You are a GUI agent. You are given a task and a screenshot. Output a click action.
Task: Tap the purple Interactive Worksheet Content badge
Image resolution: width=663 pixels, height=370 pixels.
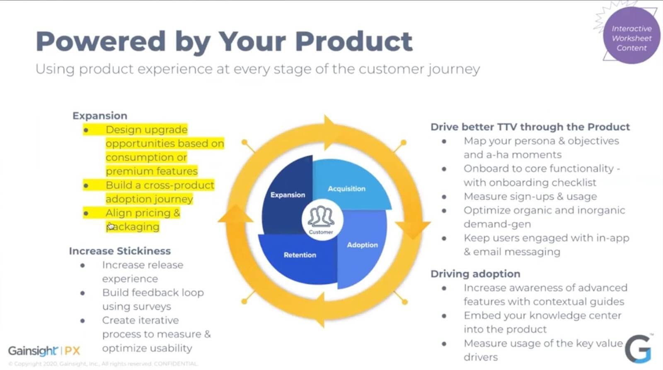[x=632, y=38]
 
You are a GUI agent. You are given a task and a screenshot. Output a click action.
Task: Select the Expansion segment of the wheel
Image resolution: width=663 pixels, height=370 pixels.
[x=288, y=195]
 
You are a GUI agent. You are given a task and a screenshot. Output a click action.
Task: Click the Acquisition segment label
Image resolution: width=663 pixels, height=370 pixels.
[x=346, y=189]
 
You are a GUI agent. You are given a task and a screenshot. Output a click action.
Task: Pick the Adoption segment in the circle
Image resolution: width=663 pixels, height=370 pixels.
[x=362, y=245]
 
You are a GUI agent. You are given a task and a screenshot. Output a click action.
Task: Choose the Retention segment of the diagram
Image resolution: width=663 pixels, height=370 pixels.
[x=300, y=255]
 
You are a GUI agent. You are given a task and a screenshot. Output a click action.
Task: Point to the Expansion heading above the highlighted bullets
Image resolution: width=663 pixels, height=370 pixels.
[x=100, y=116]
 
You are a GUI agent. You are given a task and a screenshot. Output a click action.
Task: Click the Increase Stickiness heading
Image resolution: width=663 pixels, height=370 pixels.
[x=120, y=251]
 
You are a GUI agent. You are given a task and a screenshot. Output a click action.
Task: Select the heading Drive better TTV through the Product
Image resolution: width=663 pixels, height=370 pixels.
[x=530, y=127]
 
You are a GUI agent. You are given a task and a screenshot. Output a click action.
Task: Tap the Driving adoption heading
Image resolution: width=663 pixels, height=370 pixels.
[x=475, y=274]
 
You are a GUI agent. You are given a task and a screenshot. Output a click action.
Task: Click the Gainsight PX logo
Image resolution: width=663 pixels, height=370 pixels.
[x=44, y=351]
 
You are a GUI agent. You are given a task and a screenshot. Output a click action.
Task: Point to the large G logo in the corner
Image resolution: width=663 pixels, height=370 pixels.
[x=638, y=348]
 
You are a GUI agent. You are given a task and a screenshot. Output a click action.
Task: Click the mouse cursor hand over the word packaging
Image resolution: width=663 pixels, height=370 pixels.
[x=111, y=226]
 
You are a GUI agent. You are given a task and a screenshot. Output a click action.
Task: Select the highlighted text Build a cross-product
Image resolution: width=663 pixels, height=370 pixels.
[x=160, y=185]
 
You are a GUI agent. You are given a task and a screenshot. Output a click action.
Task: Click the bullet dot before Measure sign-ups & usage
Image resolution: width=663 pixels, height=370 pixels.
[x=444, y=197]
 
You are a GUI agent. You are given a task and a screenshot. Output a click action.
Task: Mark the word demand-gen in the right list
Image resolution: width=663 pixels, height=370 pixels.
[x=497, y=224]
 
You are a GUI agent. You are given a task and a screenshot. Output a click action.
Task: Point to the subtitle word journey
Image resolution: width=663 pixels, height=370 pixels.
[x=454, y=69]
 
